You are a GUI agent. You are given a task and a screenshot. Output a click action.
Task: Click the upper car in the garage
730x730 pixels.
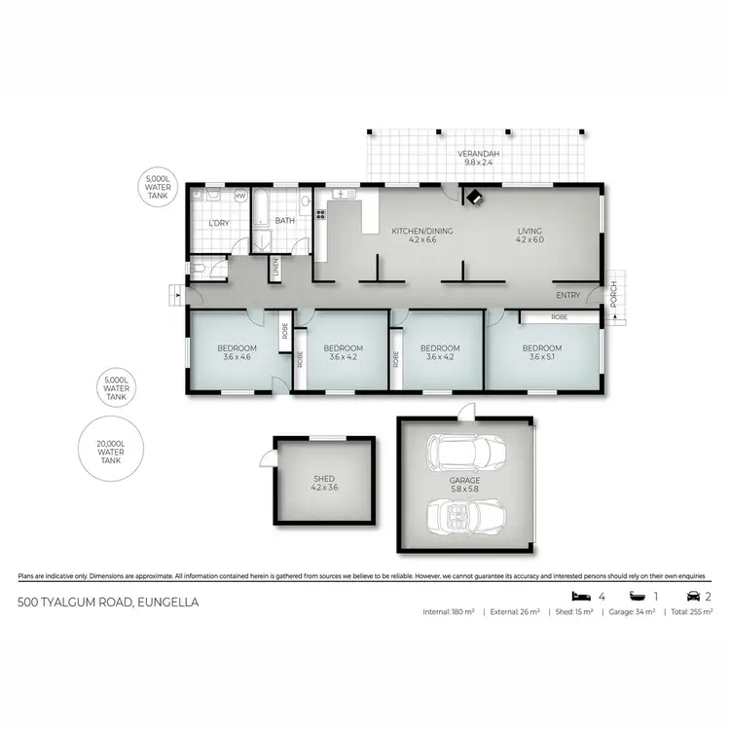(x=465, y=452)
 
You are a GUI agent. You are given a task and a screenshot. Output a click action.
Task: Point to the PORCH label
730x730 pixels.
(x=613, y=294)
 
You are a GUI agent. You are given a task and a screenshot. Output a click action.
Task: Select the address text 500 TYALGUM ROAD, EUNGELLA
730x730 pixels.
(x=109, y=602)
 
